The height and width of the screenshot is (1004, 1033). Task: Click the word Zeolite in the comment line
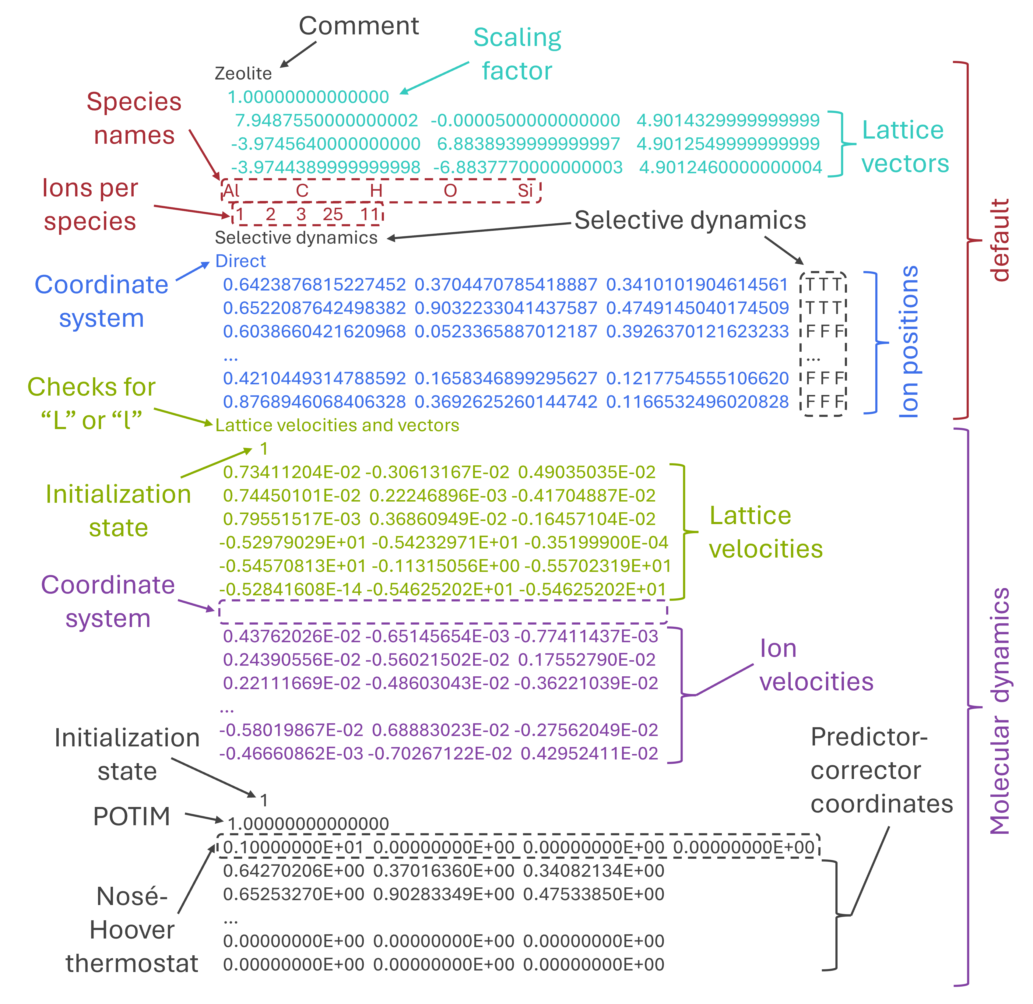coord(243,73)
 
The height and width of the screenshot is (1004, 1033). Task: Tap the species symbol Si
coord(525,190)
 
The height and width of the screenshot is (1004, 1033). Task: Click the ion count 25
coord(333,215)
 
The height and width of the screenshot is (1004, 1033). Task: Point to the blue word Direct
coord(241,261)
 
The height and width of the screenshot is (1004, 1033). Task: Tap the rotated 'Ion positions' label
coord(908,342)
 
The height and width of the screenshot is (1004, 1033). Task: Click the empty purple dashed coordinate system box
coord(443,612)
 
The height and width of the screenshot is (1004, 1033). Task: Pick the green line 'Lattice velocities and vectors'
coord(337,425)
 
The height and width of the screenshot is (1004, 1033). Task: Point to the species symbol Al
coord(231,190)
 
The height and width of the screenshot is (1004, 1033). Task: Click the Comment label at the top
coord(359,26)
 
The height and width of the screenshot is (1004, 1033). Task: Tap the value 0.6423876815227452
coord(314,285)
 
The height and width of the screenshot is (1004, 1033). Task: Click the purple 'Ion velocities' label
coord(816,665)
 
